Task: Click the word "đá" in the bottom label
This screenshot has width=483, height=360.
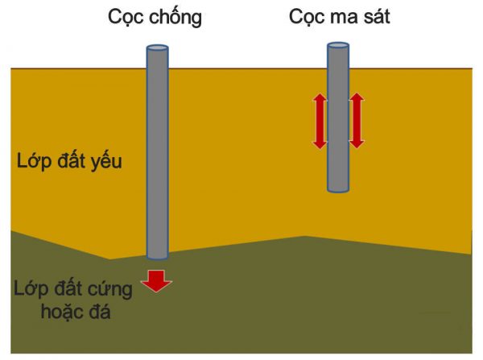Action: click(x=101, y=310)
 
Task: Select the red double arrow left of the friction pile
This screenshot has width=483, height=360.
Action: click(x=320, y=121)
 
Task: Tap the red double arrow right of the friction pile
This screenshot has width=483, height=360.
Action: click(x=357, y=121)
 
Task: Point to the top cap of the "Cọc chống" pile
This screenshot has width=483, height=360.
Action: click(x=157, y=49)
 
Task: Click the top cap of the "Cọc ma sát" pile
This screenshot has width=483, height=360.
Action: click(x=338, y=46)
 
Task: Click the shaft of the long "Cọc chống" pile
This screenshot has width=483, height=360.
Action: click(x=157, y=153)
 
